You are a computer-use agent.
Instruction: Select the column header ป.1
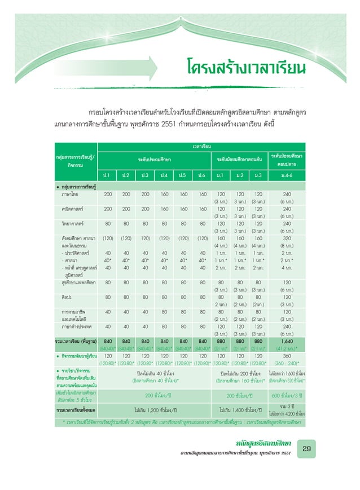[x=107, y=174]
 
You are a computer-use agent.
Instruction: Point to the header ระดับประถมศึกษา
[x=154, y=159]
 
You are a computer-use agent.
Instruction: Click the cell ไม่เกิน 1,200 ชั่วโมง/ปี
[x=154, y=409]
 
